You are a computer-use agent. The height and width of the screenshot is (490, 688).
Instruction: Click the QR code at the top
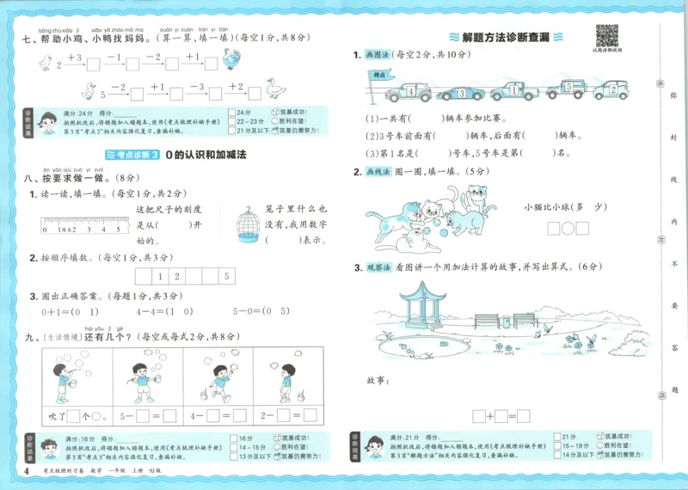(x=607, y=36)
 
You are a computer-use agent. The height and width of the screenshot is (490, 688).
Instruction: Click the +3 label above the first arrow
(x=73, y=57)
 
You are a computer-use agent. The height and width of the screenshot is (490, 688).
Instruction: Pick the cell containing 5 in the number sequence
(x=226, y=277)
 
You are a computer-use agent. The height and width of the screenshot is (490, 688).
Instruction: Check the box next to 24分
(x=232, y=112)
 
